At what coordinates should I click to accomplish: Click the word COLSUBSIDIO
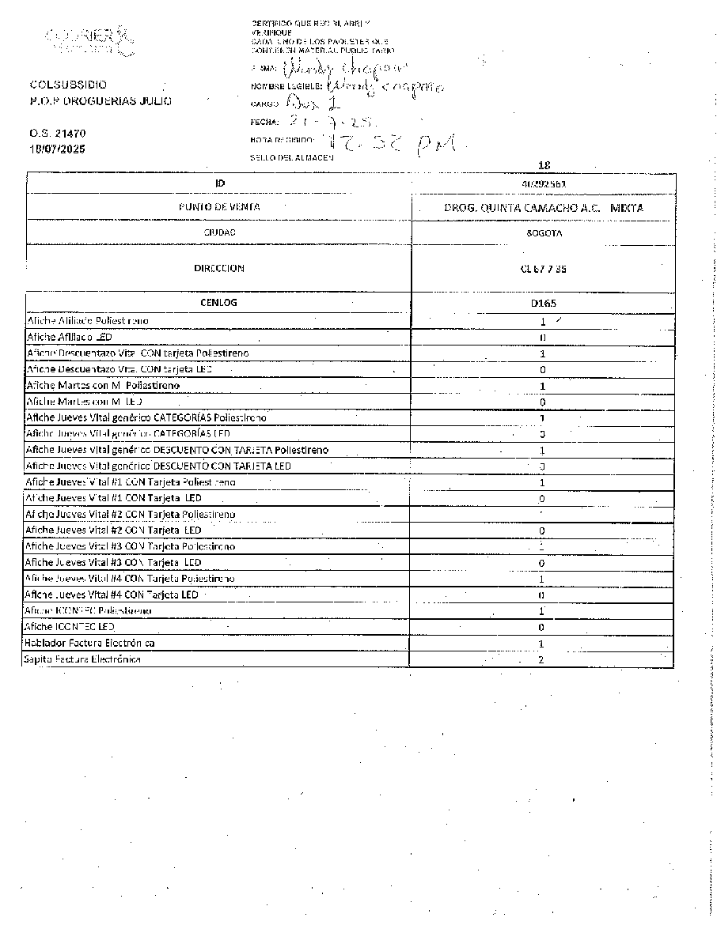[x=69, y=85]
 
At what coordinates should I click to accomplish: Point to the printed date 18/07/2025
[x=58, y=149]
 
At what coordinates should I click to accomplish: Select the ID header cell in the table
[x=219, y=183]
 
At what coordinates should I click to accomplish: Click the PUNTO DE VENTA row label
[x=219, y=207]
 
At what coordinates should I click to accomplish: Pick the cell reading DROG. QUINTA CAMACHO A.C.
[x=543, y=208]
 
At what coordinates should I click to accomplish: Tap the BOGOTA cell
[x=542, y=234]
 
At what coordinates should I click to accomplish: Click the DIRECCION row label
[x=219, y=268]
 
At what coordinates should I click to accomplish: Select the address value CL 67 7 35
[x=543, y=269]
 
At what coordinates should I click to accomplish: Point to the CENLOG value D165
[x=542, y=303]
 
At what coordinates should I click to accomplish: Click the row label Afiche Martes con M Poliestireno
[x=103, y=385]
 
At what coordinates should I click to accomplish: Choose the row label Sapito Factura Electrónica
[x=82, y=659]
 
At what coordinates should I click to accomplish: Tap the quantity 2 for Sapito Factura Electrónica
[x=541, y=659]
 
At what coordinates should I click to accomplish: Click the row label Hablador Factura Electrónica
[x=89, y=644]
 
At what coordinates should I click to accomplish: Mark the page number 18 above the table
[x=543, y=165]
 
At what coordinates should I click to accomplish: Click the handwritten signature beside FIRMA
[x=332, y=69]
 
